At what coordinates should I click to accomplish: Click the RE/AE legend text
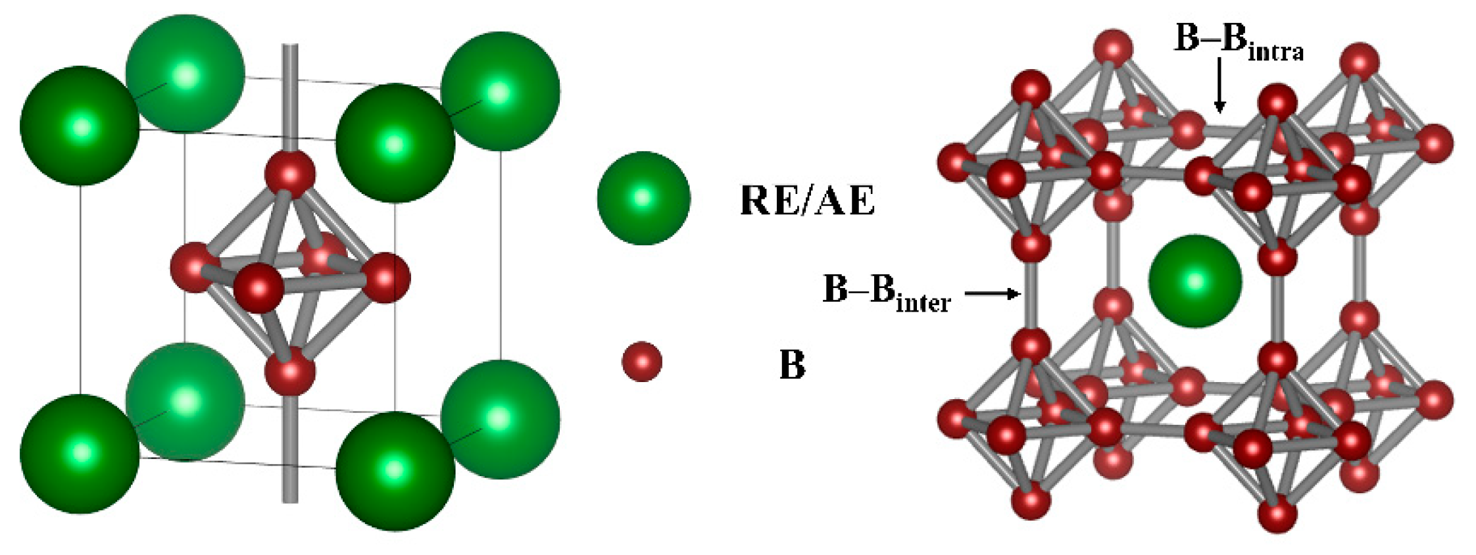tap(807, 201)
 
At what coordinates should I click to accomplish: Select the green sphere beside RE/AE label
tap(643, 198)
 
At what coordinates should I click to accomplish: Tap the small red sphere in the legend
tap(641, 361)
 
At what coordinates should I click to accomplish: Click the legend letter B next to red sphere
tap(792, 364)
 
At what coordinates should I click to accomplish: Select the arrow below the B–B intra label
tap(1220, 85)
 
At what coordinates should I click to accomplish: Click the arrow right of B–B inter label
tap(993, 293)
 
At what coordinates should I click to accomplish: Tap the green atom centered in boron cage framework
tap(1195, 281)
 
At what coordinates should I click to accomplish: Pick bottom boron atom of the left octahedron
tap(289, 372)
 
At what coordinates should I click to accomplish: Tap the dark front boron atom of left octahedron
tap(259, 288)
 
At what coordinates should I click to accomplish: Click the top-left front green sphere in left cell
tap(80, 126)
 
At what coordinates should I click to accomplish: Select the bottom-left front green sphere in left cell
tap(80, 454)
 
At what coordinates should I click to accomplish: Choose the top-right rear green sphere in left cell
tap(500, 91)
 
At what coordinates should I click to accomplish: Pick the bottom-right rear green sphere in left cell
tap(500, 419)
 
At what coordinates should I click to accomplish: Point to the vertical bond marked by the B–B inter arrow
tap(1031, 294)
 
